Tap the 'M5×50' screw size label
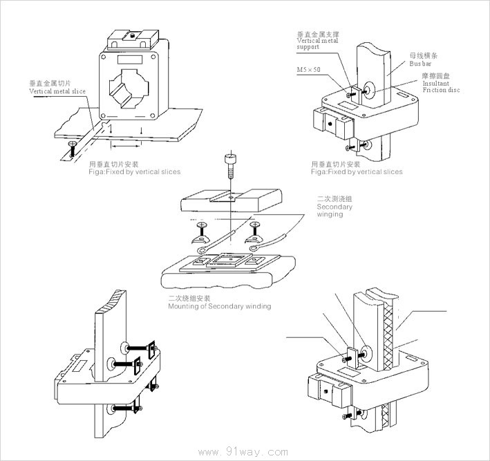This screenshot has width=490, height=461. pos(308,69)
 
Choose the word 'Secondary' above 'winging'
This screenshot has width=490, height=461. pos(334,207)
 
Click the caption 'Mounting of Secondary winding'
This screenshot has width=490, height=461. pos(219,306)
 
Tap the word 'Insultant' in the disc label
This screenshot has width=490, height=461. pos(435,83)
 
